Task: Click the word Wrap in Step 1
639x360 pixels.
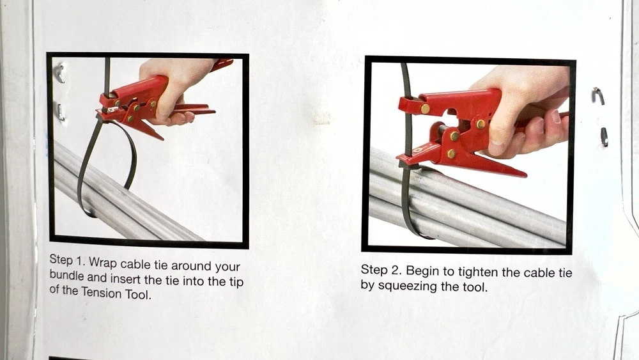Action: point(103,262)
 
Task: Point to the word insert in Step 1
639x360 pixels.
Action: point(125,279)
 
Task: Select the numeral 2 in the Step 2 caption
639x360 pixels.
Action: point(395,270)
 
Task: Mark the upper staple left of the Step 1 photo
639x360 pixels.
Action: point(60,74)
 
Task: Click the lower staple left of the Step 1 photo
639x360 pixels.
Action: point(60,113)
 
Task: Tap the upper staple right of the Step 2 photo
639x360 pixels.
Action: point(599,96)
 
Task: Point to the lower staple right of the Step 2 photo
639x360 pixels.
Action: point(604,137)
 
